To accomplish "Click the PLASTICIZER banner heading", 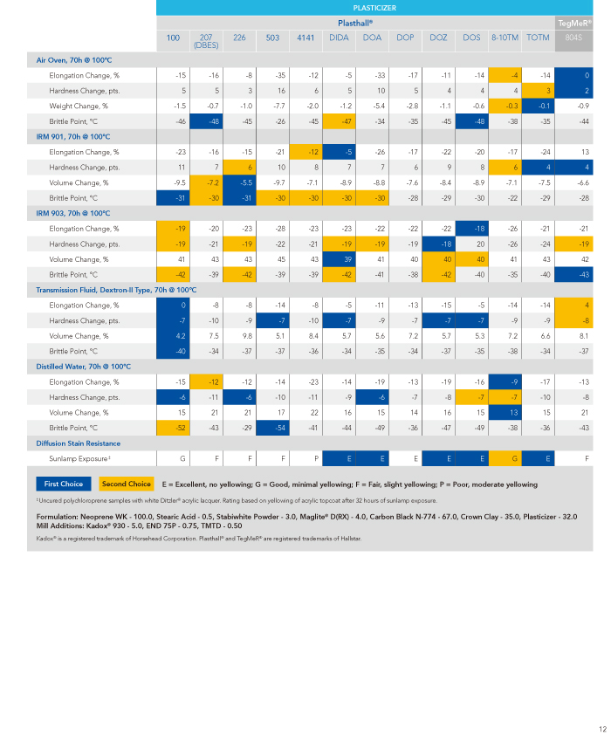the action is point(374,8).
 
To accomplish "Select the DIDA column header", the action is point(339,38).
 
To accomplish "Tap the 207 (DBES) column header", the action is point(206,41).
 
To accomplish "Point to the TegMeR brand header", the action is point(574,23).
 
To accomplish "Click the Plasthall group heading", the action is point(355,23).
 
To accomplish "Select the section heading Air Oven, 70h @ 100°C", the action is point(74,60).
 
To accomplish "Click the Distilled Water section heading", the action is point(84,367).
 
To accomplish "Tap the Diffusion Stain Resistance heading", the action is point(79,443).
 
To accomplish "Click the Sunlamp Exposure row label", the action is point(79,458).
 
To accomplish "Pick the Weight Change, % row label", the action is point(79,106).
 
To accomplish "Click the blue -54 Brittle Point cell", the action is point(272,428).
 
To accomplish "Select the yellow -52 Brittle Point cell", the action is point(173,428).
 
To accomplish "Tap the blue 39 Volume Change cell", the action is point(340,259).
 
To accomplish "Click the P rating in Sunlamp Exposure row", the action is point(316,459).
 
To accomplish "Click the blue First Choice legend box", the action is point(64,484).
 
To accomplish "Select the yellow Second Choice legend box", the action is point(127,484).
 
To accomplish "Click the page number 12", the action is point(602,729).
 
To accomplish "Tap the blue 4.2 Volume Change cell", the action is point(173,336).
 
